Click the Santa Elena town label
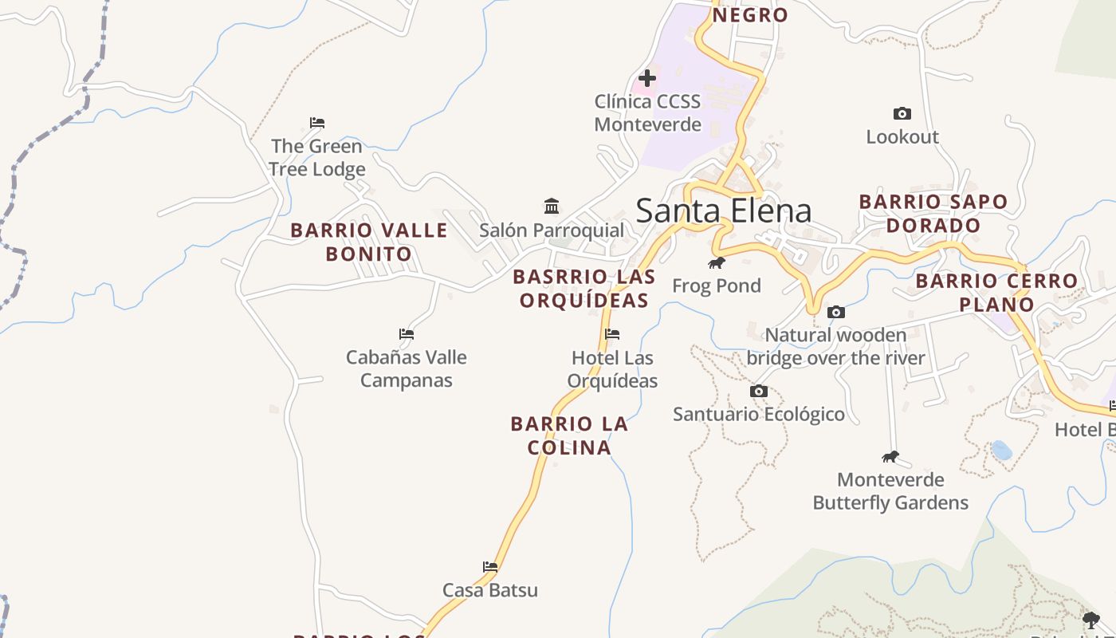[x=723, y=211]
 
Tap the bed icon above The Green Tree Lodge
[x=317, y=123]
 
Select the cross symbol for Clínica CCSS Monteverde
[x=647, y=78]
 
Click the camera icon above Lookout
[x=902, y=114]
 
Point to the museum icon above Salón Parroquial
[x=552, y=207]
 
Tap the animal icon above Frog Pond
[x=717, y=262]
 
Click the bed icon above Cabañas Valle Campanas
[x=407, y=334]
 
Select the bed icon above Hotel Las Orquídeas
[x=612, y=334]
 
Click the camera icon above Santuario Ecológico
[x=759, y=391]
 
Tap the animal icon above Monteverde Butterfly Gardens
[x=890, y=457]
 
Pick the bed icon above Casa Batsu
[x=490, y=567]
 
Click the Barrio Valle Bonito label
[x=368, y=242]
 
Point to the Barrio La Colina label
[x=569, y=435]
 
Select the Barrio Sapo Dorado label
[x=933, y=213]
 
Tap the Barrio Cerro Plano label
[x=996, y=292]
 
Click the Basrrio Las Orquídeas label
[x=584, y=288]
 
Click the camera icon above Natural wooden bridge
[x=835, y=312]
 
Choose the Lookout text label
[x=902, y=137]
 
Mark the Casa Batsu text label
[x=490, y=590]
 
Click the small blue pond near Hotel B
[x=1001, y=451]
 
